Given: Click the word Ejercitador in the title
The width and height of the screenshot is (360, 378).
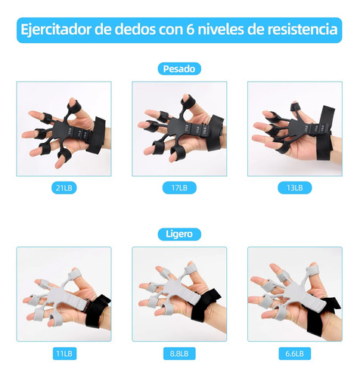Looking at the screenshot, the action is coord(56,29).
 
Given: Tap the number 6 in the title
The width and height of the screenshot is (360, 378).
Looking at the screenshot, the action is coord(191,29).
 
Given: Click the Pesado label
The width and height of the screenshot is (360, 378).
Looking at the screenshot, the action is coord(179,69).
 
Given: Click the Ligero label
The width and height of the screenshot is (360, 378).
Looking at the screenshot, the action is coord(179,234).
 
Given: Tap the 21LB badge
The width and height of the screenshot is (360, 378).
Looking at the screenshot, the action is coord(64,187).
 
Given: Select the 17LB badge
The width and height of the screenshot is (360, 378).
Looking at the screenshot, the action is coord(179,187).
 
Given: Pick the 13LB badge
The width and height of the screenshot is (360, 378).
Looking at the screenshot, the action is coord(295,187).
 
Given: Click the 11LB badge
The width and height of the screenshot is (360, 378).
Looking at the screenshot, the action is coord(64,354).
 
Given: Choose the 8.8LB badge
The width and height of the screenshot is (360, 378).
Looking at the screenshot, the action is coord(179,354).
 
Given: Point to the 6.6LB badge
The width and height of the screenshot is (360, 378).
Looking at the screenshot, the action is coord(295,354).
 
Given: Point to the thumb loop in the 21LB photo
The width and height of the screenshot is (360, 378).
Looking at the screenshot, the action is coord(74,107).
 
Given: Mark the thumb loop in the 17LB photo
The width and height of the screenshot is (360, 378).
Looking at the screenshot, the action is coord(188,103).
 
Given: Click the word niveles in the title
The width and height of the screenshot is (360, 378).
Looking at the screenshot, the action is coord(221,29).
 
